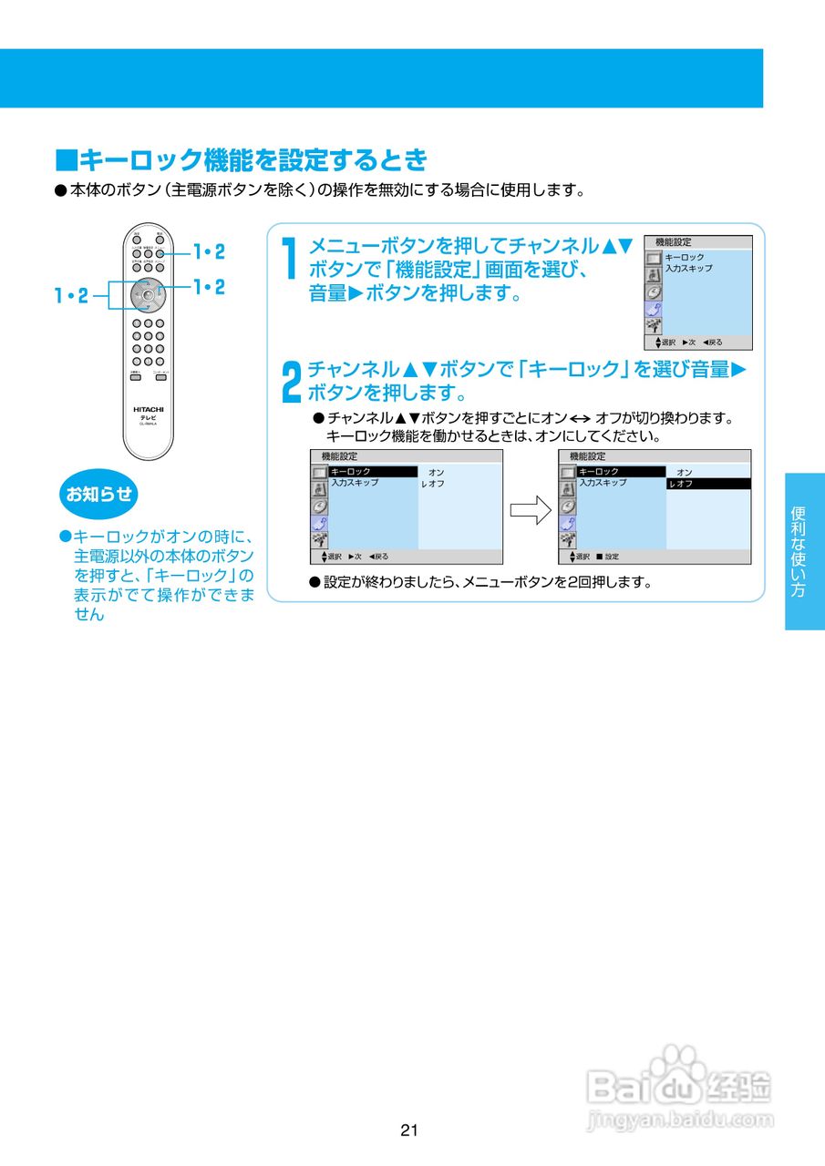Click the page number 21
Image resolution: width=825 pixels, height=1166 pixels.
pos(408,1130)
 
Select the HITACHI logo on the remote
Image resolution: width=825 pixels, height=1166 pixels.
pos(148,409)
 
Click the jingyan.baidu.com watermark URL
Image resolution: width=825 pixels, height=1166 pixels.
pos(680,1119)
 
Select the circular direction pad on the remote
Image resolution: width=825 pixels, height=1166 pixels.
pos(148,294)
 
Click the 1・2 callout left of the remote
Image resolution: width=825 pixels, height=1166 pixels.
pos(71,295)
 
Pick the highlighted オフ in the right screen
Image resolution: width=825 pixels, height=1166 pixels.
pos(707,484)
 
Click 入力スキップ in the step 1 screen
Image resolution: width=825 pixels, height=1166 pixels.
pos(688,269)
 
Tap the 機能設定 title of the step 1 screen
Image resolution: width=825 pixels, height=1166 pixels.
pos(674,242)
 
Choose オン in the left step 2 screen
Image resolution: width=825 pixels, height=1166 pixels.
pos(437,472)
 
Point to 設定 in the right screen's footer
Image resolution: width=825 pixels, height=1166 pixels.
pos(611,557)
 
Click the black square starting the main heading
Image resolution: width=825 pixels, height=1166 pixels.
pos(67,161)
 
